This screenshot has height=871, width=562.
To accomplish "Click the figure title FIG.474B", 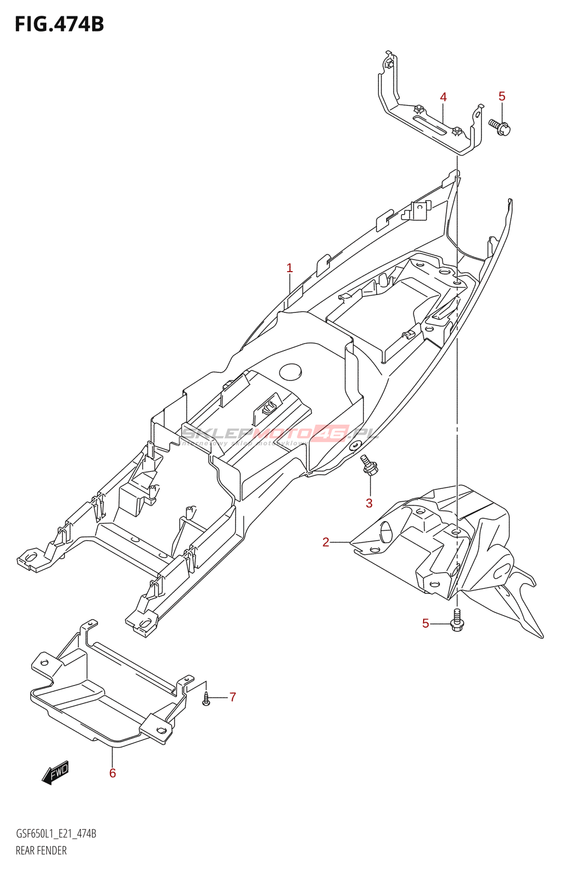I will click(x=59, y=24).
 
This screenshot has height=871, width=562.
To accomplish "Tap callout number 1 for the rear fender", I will click(x=290, y=268).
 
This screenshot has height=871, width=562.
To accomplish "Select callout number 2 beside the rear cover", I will click(x=326, y=542).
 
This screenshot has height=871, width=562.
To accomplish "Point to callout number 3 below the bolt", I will click(x=369, y=503).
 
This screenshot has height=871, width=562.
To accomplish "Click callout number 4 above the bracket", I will click(x=443, y=97).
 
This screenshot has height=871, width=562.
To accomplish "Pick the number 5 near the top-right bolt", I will click(x=502, y=96).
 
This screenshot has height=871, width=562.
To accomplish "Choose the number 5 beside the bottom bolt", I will click(x=426, y=623).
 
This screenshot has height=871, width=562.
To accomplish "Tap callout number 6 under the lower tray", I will click(x=113, y=773).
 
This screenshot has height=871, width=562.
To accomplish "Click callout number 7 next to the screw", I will click(x=233, y=697).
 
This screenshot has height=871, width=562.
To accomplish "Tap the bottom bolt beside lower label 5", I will click(x=457, y=621).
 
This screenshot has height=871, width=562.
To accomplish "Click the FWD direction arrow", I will click(x=56, y=772).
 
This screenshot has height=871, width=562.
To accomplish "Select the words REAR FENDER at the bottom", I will click(x=41, y=850).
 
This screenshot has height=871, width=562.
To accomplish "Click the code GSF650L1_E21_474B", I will click(x=56, y=833).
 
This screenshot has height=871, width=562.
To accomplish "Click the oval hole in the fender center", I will click(x=290, y=372).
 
